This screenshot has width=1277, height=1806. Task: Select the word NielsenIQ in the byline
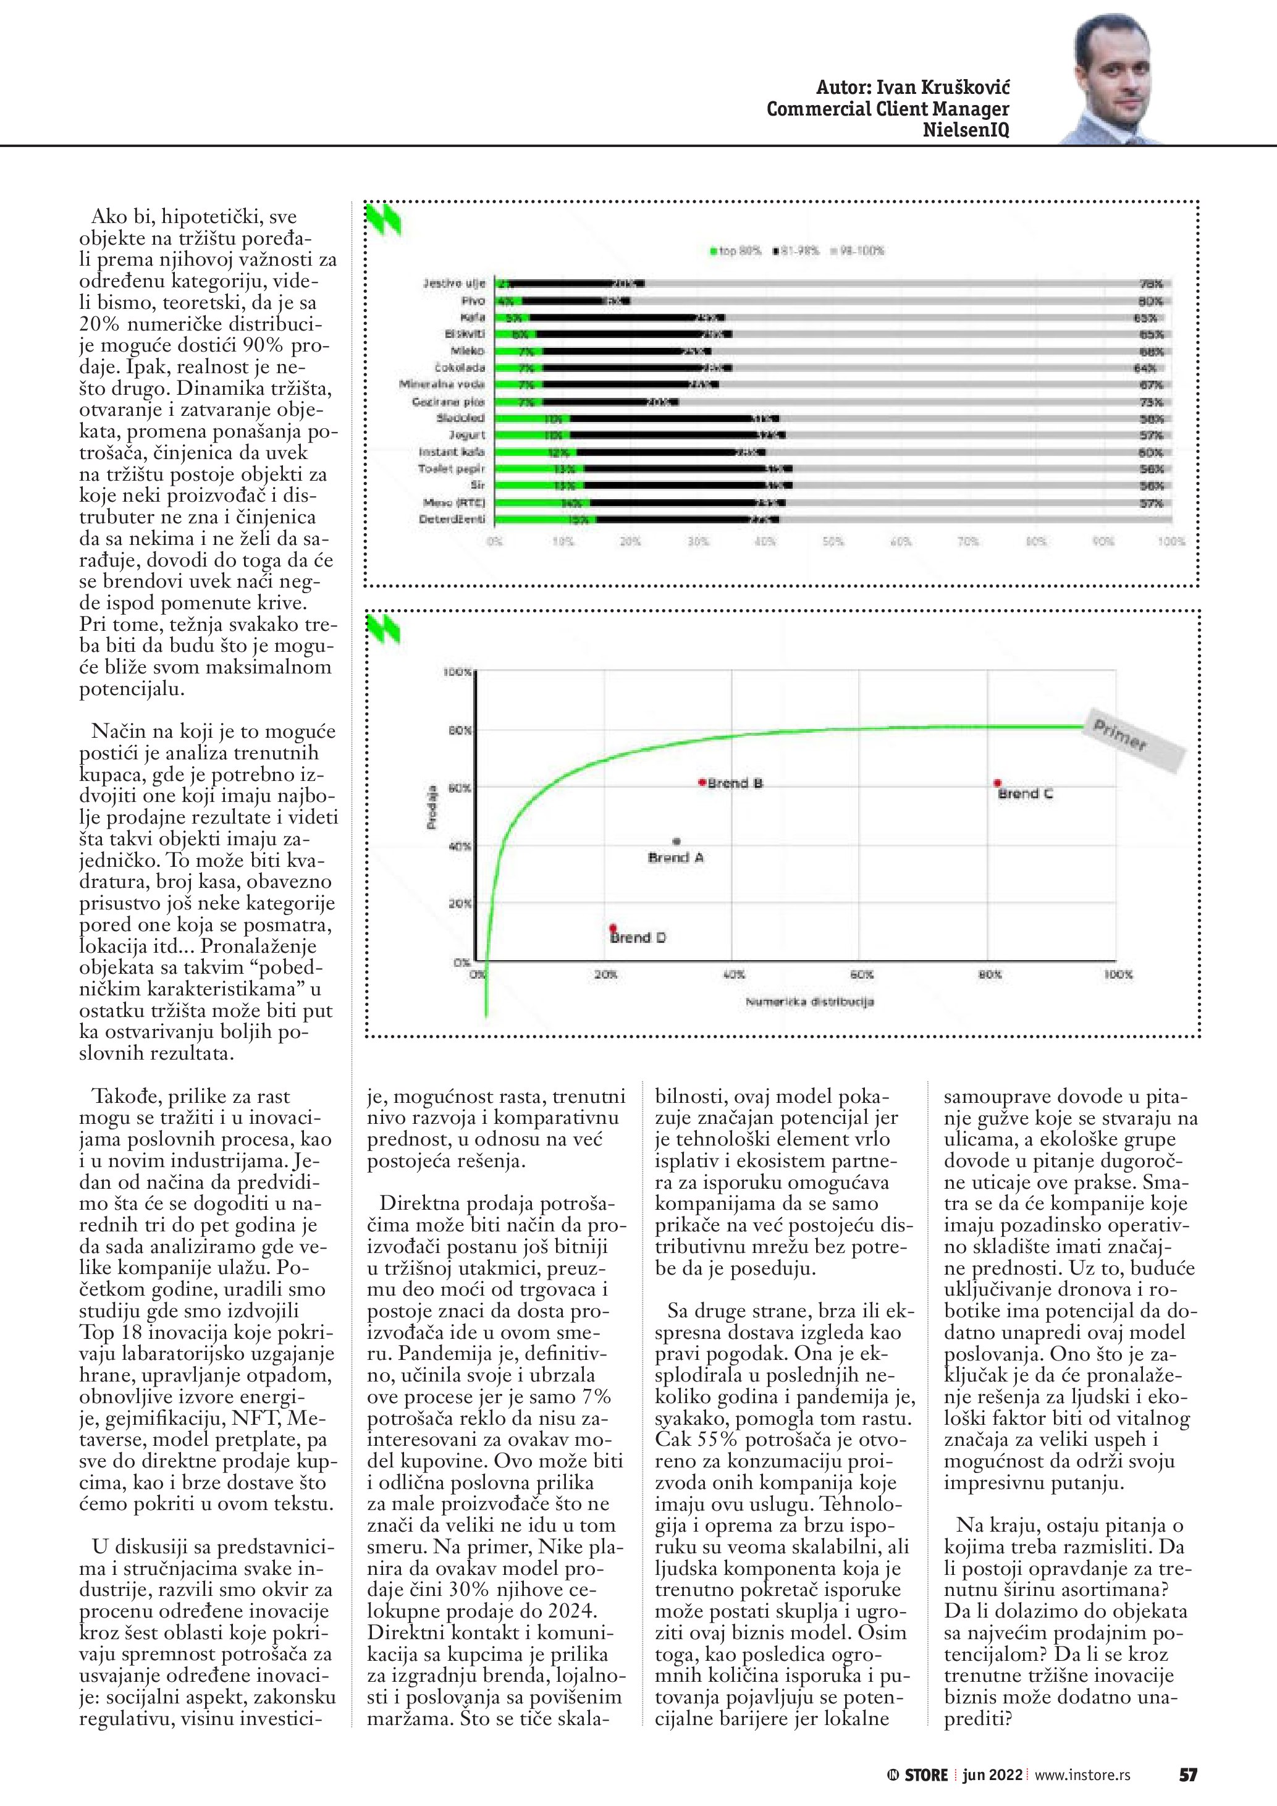966,130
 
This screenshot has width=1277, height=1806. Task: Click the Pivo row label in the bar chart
473,300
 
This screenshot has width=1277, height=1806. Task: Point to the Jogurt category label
466,435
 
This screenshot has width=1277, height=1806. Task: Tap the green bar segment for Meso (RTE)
542,503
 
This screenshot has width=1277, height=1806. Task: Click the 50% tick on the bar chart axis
833,542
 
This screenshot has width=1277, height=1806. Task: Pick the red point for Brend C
997,783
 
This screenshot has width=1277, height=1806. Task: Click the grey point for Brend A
676,842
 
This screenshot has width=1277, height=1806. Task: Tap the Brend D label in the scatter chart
639,938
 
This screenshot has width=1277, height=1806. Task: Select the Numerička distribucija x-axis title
810,1002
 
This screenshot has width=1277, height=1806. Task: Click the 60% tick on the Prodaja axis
459,788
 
